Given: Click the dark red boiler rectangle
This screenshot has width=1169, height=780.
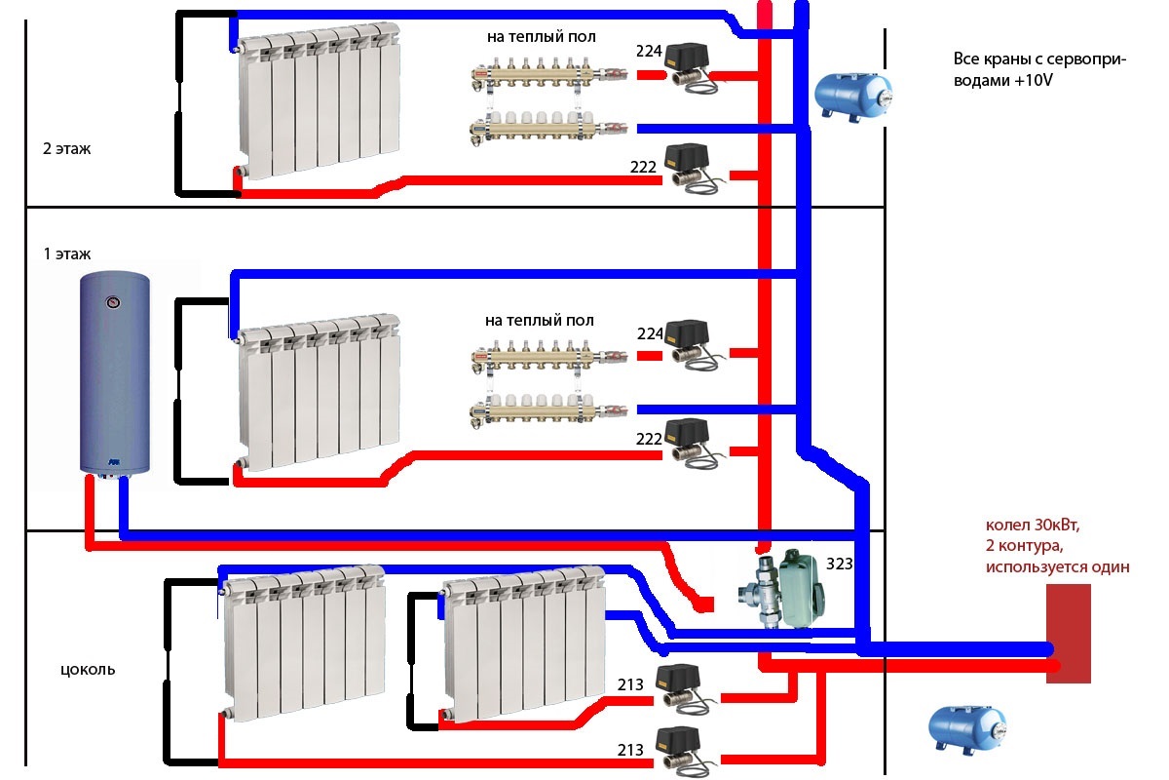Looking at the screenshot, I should point(1069,634).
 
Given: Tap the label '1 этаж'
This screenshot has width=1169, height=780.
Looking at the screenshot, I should point(66,254).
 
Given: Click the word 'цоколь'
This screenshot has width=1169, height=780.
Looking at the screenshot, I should point(88,670).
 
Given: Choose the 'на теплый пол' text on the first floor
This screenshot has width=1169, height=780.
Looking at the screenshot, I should point(539,320).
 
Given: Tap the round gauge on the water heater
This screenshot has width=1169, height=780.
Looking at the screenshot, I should point(115,301).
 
